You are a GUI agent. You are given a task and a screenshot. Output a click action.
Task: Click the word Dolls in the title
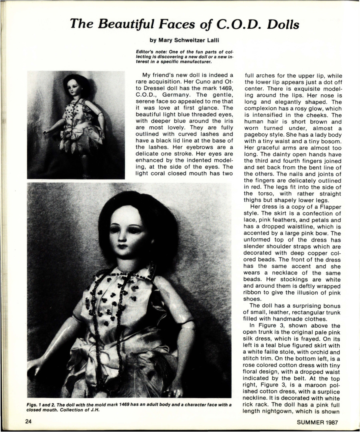[281, 25]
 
